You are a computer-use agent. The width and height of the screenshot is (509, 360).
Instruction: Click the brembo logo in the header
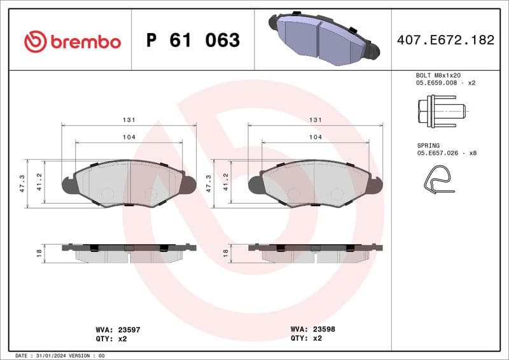(x=72, y=41)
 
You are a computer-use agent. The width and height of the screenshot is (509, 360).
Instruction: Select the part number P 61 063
(x=193, y=41)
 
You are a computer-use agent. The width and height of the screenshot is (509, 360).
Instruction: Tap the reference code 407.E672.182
(x=445, y=40)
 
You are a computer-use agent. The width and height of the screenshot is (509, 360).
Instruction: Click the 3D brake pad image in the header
(x=323, y=39)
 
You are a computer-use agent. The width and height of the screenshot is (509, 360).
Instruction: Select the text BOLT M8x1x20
(x=438, y=74)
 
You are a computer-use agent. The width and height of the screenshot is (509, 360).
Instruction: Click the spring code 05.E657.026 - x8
(x=446, y=153)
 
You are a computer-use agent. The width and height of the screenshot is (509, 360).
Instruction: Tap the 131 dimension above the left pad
(x=129, y=120)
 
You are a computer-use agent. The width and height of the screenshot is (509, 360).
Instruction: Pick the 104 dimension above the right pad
(x=314, y=137)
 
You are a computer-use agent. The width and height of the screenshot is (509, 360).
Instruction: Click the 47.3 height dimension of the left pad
(x=22, y=183)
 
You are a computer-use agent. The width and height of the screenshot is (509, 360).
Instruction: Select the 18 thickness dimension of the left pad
(x=39, y=253)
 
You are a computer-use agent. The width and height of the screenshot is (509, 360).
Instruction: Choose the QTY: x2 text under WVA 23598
(x=306, y=338)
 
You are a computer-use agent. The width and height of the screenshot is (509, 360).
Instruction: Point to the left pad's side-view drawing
(x=129, y=253)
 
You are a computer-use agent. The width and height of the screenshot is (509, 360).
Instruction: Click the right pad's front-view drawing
(x=315, y=183)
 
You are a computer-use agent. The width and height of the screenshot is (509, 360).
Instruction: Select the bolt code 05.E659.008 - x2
(x=446, y=83)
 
